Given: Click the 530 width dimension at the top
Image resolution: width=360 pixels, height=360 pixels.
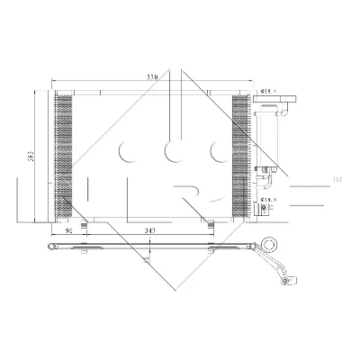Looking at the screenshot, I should tap(153, 79).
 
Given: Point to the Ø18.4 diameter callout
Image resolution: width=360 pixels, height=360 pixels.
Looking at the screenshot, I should tap(267, 90).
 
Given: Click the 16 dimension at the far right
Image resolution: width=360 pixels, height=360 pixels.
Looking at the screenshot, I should tap(337, 180).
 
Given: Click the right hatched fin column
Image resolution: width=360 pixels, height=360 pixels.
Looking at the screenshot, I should tap(240, 157).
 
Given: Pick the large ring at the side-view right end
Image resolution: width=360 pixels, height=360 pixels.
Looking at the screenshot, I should tap(271, 243).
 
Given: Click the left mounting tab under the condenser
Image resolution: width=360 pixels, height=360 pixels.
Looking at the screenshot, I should tap(82, 222).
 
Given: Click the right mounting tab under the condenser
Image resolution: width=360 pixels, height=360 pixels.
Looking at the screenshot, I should tap(208, 222).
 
